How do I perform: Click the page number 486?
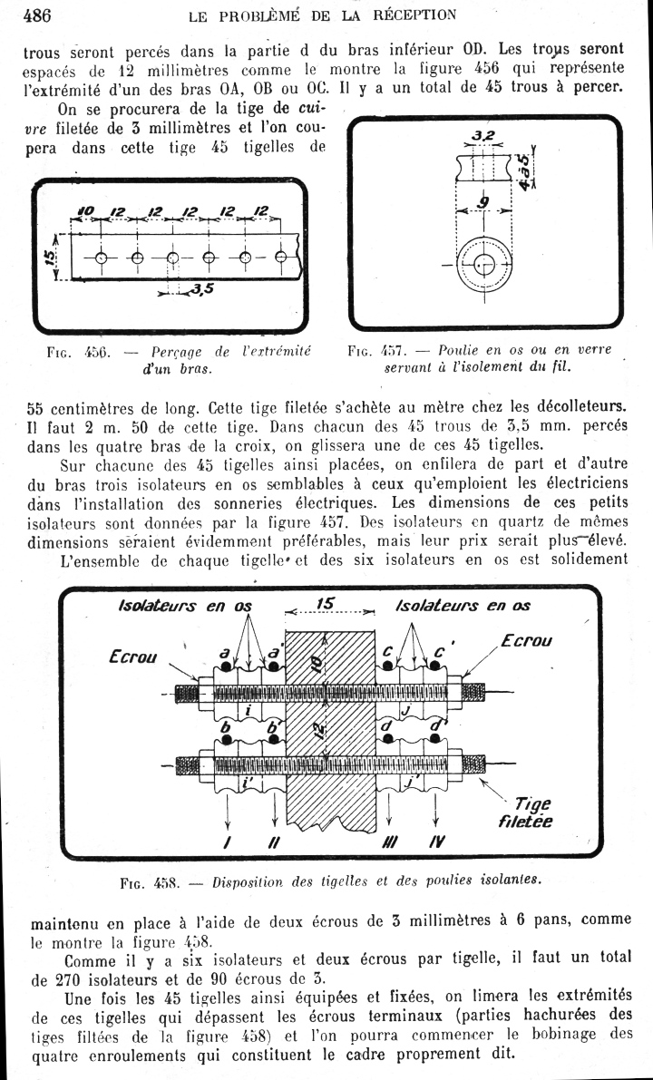click(35, 15)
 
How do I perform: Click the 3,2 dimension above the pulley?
click(482, 136)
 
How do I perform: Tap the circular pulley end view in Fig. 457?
click(482, 264)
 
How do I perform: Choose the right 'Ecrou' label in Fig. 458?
click(526, 640)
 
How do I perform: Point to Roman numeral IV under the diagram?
click(436, 842)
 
